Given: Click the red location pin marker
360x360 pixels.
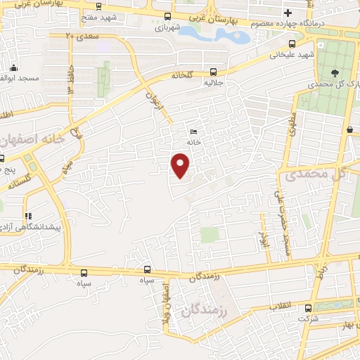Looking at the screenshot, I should pyautogui.click(x=181, y=165).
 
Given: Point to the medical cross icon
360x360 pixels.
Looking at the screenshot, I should pyautogui.click(x=288, y=13).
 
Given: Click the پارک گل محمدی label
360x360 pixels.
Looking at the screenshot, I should pyautogui.click(x=333, y=85).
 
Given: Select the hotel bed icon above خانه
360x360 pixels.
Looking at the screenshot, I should pyautogui.click(x=194, y=131).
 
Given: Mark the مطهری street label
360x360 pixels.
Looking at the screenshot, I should pyautogui.click(x=291, y=124).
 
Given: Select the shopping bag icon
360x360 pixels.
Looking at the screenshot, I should pyautogui.click(x=349, y=129).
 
